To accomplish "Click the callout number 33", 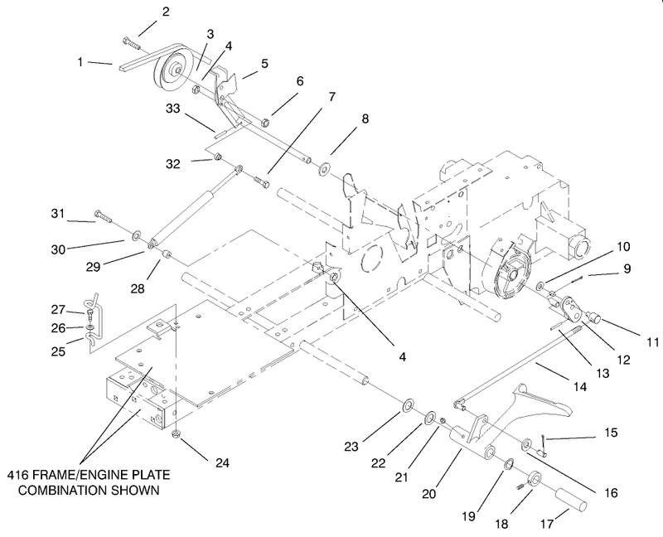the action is pos(173,109).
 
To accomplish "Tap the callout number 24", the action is pos(222,463).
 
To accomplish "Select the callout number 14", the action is pos(579,386).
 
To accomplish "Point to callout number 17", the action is pos(547,524).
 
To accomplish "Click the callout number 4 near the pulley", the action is pos(229,46).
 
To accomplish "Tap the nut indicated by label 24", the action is pos(176,433).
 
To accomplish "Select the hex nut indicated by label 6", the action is pos(265,123).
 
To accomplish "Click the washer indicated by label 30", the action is pos(137,235).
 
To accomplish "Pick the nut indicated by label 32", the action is pos(217,157).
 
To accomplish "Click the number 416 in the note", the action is pos(16,475).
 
